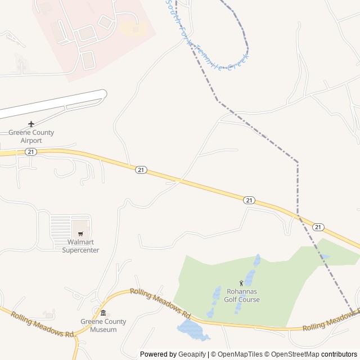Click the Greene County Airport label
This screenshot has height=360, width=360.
pyautogui.click(x=31, y=136)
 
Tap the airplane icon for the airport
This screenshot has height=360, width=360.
pyautogui.click(x=31, y=124)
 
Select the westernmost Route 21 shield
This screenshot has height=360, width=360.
pyautogui.click(x=31, y=152)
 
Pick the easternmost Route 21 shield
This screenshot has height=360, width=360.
pyautogui.click(x=318, y=227)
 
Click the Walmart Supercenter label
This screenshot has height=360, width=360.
pyautogui.click(x=80, y=246)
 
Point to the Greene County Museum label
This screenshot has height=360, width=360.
pyautogui.click(x=103, y=325)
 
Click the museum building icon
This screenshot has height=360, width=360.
pyautogui.click(x=103, y=313)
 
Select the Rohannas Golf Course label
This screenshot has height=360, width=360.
pyautogui.click(x=243, y=296)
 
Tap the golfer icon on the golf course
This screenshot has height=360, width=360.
pyautogui.click(x=242, y=283)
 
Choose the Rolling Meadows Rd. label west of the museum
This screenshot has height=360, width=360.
pyautogui.click(x=43, y=325)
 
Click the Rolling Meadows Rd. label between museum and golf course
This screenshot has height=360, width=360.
pyautogui.click(x=161, y=303)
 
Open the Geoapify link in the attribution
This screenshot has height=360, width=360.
pyautogui.click(x=192, y=354)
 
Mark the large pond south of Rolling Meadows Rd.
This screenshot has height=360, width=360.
pyautogui.click(x=191, y=331)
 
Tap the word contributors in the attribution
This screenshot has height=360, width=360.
pyautogui.click(x=339, y=354)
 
